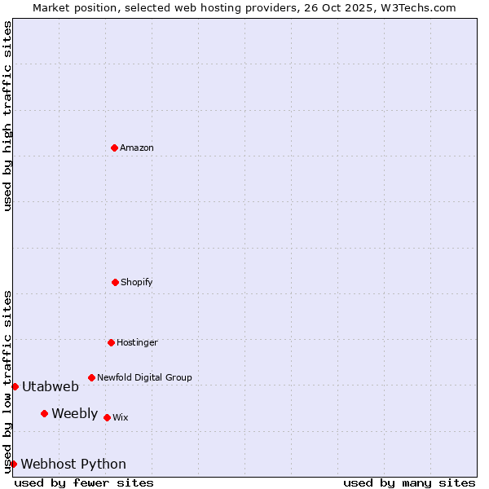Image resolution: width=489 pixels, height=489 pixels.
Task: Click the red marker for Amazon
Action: (x=115, y=148)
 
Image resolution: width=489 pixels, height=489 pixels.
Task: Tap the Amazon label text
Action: (x=137, y=148)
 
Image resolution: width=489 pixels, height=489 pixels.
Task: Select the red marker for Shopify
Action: (x=115, y=282)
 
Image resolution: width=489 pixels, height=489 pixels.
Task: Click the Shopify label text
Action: (x=137, y=283)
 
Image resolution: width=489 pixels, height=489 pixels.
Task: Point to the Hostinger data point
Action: (x=111, y=342)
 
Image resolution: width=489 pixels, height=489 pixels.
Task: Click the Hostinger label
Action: (x=137, y=343)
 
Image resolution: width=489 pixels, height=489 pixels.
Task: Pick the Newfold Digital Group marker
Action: (x=91, y=377)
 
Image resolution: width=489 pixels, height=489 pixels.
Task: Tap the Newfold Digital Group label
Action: (x=144, y=378)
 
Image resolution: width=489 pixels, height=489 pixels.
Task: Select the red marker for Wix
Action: (x=107, y=417)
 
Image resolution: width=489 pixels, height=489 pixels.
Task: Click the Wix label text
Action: (x=121, y=418)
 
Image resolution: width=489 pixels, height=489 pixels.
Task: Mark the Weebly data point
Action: (x=44, y=413)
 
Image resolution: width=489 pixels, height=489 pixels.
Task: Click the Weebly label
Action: (x=74, y=414)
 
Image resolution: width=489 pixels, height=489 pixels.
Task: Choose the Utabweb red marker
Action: (x=15, y=386)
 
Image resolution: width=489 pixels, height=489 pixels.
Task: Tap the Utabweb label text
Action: (x=51, y=387)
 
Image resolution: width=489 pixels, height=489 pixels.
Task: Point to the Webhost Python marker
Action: (x=13, y=464)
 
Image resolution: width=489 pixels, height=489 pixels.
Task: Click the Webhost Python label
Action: (x=73, y=465)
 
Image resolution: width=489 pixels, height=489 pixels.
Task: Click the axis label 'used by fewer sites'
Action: (x=84, y=482)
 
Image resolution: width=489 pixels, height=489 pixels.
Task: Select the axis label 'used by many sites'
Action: (x=409, y=482)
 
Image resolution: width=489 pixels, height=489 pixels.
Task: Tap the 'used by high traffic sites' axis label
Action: (x=7, y=116)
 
